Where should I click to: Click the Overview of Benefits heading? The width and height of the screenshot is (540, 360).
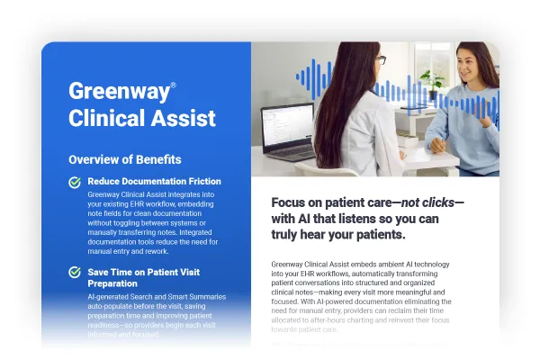click(x=124, y=159)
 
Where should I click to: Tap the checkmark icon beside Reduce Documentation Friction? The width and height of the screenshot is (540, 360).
click(x=75, y=182)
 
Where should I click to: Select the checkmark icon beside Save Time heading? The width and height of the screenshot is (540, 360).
click(x=75, y=272)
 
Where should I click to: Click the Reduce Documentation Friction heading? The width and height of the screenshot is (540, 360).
click(x=154, y=182)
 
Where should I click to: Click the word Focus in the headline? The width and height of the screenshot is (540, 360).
click(x=292, y=202)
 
